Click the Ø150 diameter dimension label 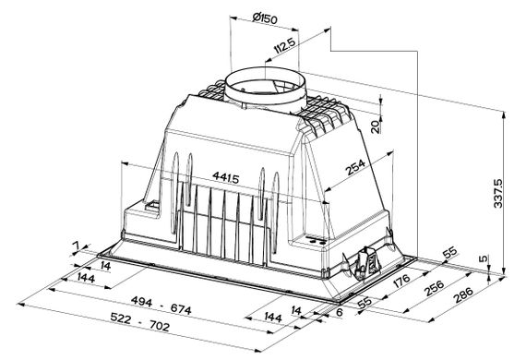click(x=265, y=18)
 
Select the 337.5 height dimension click(x=498, y=193)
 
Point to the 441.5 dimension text click(x=226, y=177)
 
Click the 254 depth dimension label click(x=355, y=167)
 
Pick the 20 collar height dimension click(x=376, y=126)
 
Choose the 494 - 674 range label click(x=161, y=305)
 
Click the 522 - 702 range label click(x=140, y=321)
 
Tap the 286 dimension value click(x=463, y=294)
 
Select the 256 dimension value click(x=434, y=288)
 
